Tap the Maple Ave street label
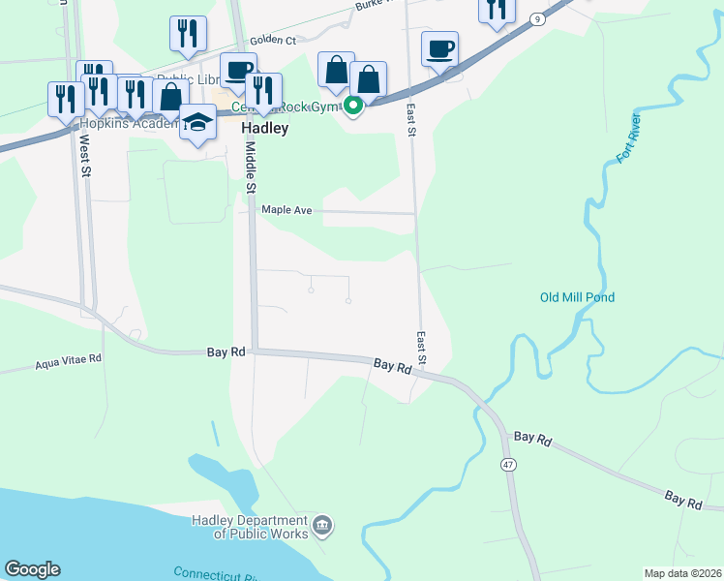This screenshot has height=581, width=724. point(287,209)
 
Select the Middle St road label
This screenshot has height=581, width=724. point(250,166)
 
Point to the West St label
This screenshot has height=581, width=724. point(85,155)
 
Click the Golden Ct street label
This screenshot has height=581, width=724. point(272,41)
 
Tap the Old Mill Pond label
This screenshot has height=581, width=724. point(577,297)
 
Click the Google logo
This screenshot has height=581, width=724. point(32,569)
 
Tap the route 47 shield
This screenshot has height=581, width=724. point(507,465)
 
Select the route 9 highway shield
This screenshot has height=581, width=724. point(537,18)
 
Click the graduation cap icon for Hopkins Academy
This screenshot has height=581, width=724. point(197,122)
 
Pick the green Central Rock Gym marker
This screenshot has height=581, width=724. point(354,106)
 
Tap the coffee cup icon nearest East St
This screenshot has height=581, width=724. point(439,48)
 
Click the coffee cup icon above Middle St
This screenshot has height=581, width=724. point(237,70)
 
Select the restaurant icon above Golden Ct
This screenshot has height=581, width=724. point(187,33)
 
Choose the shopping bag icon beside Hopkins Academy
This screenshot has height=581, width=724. point(170,97)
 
